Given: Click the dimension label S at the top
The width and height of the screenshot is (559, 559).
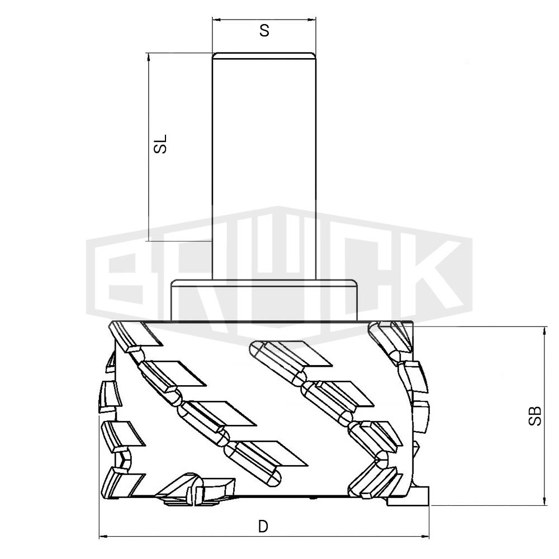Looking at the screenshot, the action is pos(264,31).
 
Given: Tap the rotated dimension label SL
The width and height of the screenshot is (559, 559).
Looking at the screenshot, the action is pos(160,144).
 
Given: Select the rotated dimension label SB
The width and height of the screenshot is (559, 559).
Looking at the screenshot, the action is pos(535,416).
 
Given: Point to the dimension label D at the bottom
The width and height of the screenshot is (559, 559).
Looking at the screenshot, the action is pos(263,526).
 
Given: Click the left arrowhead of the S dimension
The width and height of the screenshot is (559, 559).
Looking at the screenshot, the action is pos(216,19).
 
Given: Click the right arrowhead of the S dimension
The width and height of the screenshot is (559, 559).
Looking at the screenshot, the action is pos(312,19).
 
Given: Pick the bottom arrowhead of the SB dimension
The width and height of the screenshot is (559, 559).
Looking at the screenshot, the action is pos(544,501).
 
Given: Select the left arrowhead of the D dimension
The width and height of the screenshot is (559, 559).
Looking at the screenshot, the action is pos(103,536).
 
